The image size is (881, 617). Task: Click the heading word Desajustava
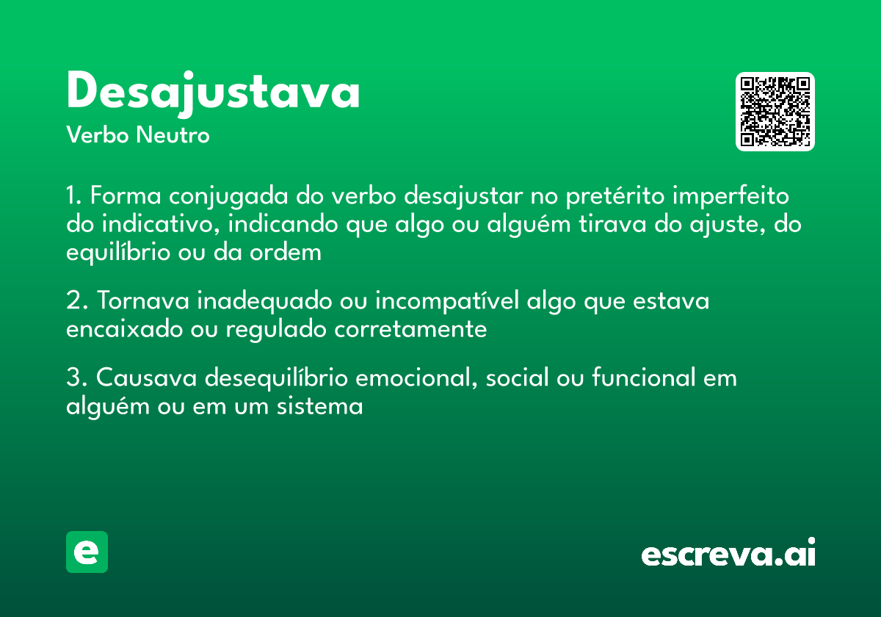[x=213, y=93]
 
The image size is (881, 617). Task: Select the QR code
[x=775, y=112]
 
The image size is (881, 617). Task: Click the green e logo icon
[x=87, y=552]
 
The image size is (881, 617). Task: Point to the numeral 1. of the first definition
[x=74, y=197]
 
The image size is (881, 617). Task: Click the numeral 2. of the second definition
[x=77, y=301]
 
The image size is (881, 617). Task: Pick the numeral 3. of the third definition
[x=77, y=378]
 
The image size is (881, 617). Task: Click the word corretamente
[x=410, y=329]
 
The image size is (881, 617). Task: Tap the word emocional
[x=415, y=378]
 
